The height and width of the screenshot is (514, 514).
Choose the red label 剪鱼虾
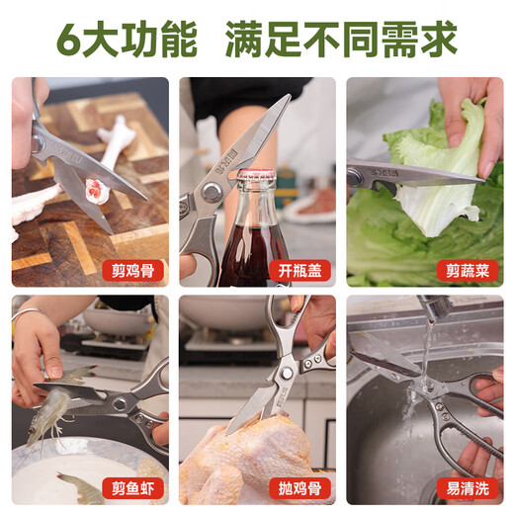pos(131,487)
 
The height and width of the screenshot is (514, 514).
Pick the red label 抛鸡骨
pos(300,487)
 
